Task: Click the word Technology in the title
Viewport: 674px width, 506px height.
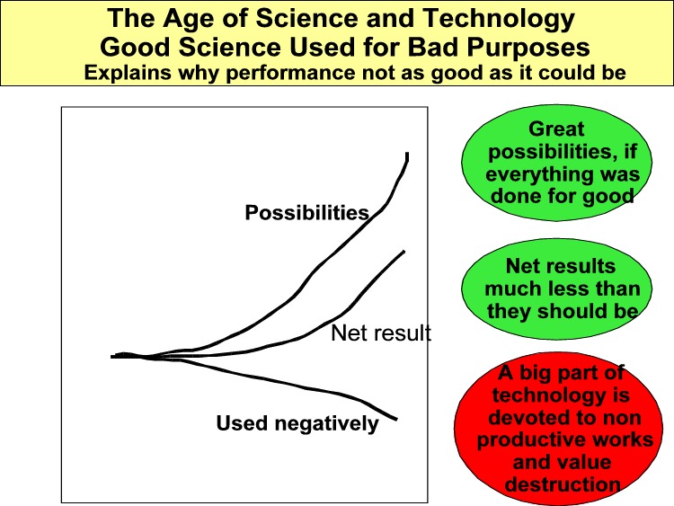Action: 498,19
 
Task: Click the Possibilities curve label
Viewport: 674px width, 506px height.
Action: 307,213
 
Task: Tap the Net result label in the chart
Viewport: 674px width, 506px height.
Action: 381,333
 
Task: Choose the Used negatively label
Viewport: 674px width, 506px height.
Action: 297,423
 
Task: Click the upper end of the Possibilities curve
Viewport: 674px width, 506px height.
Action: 407,153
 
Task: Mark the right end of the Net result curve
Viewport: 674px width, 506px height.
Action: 404,251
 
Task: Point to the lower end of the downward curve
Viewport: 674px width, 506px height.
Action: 396,419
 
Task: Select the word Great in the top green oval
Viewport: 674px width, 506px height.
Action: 556,129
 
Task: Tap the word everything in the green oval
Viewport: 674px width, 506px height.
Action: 537,174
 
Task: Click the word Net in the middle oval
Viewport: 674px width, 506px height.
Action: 520,266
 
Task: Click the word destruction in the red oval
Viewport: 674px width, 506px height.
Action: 563,484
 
